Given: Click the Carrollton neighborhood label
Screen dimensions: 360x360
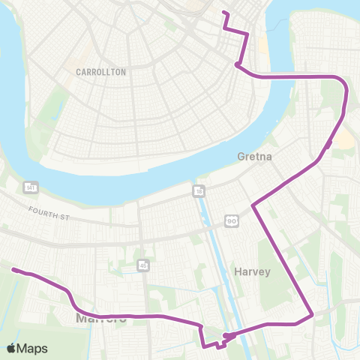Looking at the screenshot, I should pos(100,72).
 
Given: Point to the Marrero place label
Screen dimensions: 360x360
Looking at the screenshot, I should pos(97,320).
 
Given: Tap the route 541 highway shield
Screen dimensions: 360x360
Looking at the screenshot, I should pos(31,185).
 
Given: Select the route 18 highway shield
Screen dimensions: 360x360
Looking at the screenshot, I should pos(198,190).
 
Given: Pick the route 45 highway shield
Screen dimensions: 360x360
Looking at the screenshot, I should pos(142,264).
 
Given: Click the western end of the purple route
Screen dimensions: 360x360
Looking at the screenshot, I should pos(13,270).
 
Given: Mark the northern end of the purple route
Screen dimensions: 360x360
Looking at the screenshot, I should pos(223,13).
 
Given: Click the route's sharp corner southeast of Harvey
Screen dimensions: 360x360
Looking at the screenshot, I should pos(312,315).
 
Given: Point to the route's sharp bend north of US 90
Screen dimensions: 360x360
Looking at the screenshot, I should pos(253,204).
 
